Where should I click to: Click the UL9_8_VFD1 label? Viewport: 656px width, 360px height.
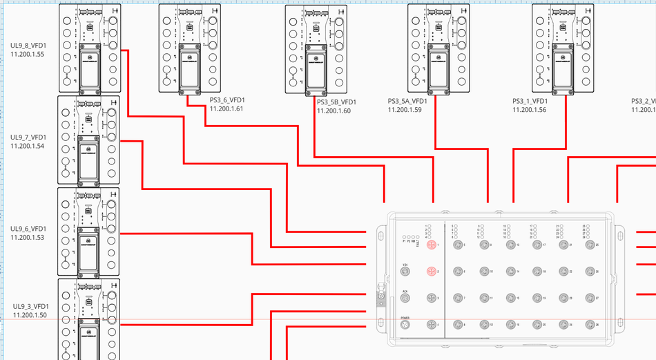point(28,45)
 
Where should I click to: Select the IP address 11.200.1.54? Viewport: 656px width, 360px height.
point(28,146)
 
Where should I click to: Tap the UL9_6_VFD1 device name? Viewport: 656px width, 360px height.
point(28,229)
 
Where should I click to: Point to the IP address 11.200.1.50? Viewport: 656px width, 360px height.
point(30,315)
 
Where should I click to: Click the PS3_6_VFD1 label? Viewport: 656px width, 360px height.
point(227,100)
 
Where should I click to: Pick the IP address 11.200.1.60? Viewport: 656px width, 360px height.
point(334,111)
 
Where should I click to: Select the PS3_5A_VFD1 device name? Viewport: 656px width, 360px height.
point(407,101)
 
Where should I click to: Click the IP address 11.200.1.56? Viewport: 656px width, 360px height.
point(530,110)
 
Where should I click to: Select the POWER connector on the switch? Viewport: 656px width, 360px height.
point(406,324)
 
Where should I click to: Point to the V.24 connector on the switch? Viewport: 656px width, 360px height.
point(406,272)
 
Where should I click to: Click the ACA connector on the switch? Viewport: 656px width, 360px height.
point(406,298)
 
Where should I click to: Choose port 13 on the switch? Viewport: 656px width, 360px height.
point(510,245)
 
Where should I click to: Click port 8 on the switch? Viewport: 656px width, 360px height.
point(456,324)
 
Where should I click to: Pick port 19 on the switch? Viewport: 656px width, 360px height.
point(536,298)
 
